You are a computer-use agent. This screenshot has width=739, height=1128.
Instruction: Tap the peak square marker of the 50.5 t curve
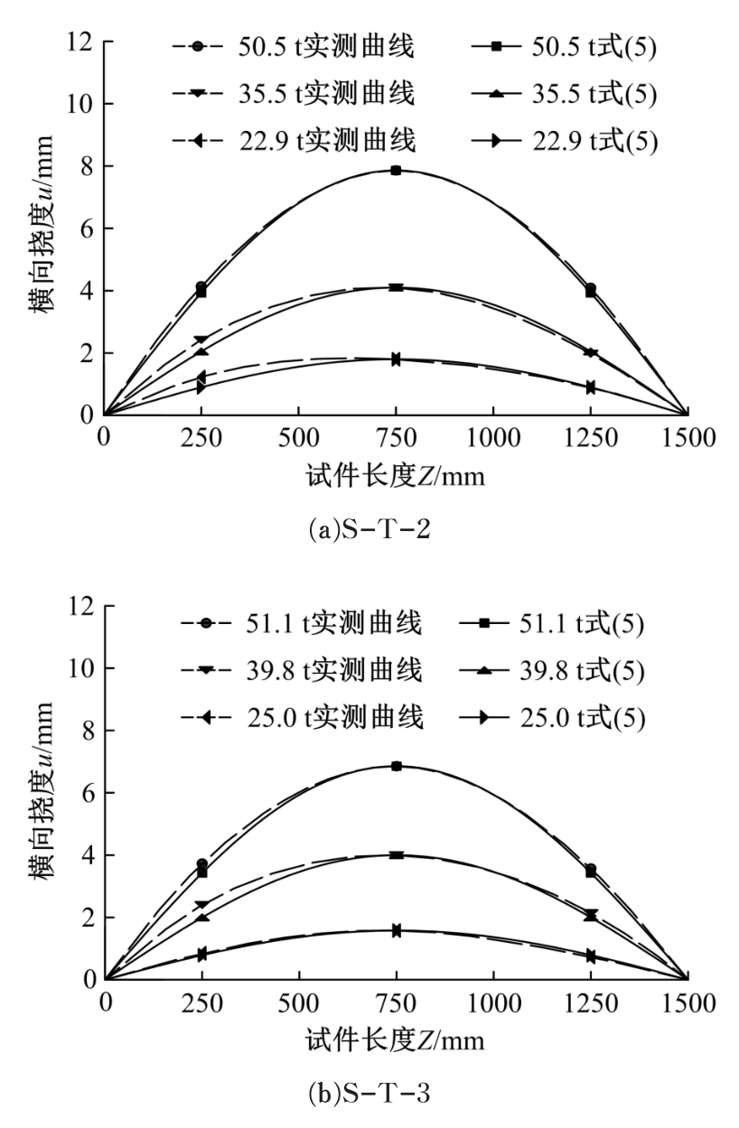pyautogui.click(x=396, y=170)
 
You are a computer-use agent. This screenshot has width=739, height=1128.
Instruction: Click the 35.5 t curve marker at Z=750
pyautogui.click(x=396, y=287)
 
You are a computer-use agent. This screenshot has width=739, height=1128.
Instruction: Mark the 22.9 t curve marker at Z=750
pyautogui.click(x=396, y=359)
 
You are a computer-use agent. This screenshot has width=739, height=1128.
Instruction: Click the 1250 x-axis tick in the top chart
pyautogui.click(x=590, y=440)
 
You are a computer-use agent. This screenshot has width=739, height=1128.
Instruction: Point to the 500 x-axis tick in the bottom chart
pyautogui.click(x=298, y=1004)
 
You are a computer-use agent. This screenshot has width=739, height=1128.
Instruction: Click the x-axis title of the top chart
pyautogui.click(x=396, y=476)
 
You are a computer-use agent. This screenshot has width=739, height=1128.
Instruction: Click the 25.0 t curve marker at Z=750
pyautogui.click(x=396, y=930)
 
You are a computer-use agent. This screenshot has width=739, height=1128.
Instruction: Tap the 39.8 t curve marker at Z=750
pyautogui.click(x=396, y=854)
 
